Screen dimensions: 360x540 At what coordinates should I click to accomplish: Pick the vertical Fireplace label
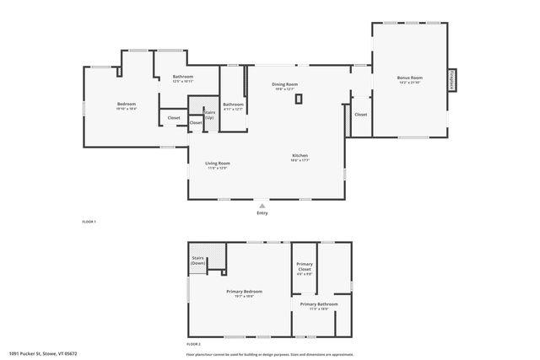pyautogui.click(x=452, y=80)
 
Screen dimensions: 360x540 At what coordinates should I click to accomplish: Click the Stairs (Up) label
pyautogui.click(x=209, y=114)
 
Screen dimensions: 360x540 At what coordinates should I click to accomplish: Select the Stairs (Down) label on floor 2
pyautogui.click(x=198, y=261)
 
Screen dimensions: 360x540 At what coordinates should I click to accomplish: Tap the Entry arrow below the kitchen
pyautogui.click(x=262, y=205)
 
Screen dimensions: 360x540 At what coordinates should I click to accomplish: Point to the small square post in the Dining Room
pyautogui.click(x=298, y=99)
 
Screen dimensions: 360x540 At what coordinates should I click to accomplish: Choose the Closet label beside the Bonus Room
pyautogui.click(x=360, y=114)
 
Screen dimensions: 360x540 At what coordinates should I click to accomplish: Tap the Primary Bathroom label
pyautogui.click(x=318, y=306)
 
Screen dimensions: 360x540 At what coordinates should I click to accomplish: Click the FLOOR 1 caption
pyautogui.click(x=89, y=222)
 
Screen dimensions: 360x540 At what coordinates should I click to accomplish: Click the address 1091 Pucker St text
pyautogui.click(x=42, y=353)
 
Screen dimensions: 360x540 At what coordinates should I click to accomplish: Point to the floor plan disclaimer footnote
pyautogui.click(x=270, y=353)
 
